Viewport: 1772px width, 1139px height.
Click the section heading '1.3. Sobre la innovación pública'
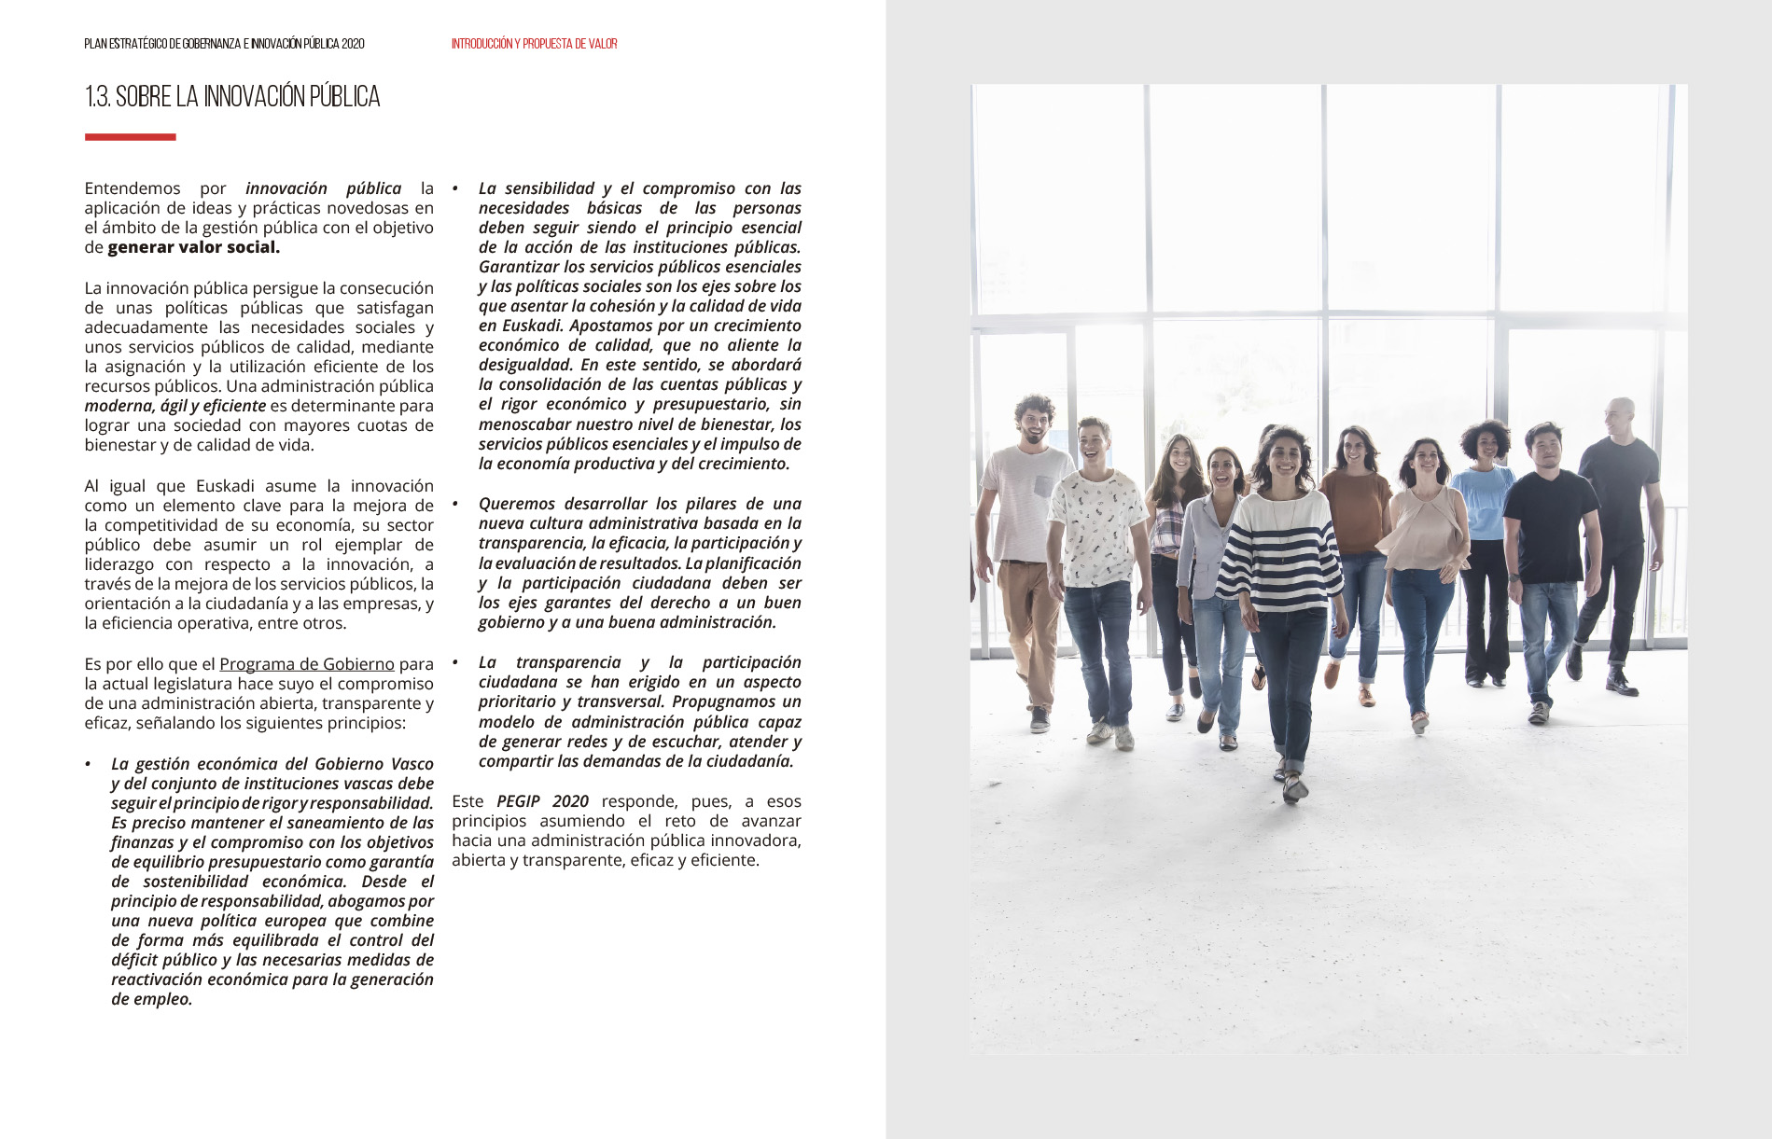coord(232,97)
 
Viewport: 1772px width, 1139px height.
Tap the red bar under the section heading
coord(130,137)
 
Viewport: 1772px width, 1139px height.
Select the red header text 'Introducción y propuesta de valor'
coord(534,44)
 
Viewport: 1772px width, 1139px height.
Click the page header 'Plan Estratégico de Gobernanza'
coord(224,44)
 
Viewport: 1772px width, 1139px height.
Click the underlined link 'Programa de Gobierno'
coord(306,664)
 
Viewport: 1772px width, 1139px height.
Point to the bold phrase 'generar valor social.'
coord(193,247)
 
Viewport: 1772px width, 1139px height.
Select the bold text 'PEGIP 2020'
coord(542,801)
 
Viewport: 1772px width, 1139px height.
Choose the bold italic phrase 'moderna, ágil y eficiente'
coord(175,406)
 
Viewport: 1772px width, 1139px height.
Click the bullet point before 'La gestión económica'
coord(89,765)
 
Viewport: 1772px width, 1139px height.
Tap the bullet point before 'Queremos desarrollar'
coord(455,505)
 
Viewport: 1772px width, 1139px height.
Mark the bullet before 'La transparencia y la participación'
coord(455,663)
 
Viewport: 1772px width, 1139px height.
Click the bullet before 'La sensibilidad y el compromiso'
coord(455,189)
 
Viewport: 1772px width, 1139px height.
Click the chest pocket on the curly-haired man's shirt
coord(1042,486)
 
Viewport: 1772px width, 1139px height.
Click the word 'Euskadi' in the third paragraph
coord(225,486)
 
